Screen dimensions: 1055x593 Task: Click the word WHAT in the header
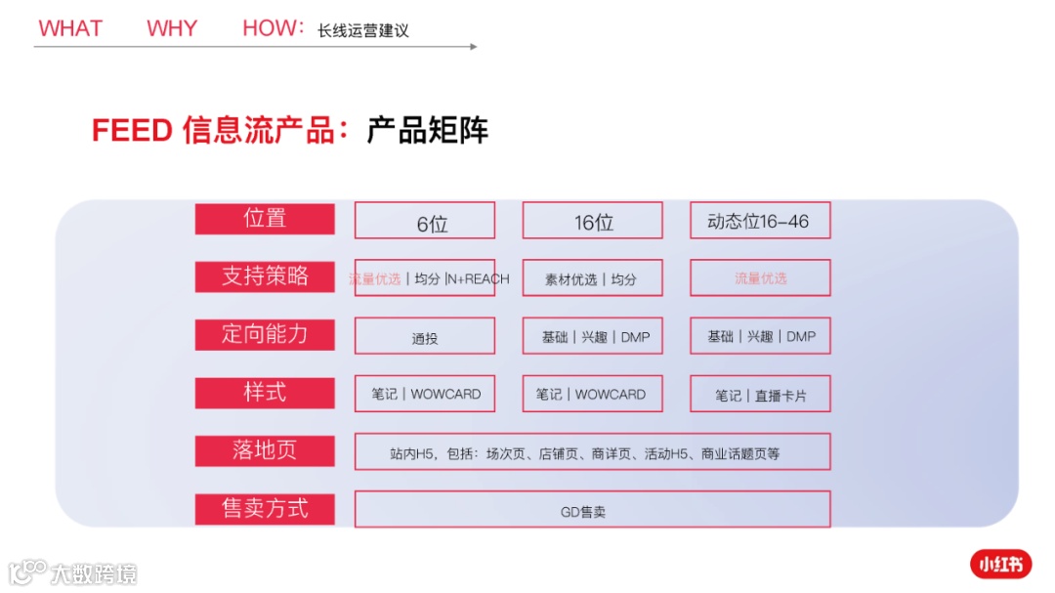[x=70, y=28]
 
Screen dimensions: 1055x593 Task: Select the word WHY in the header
[x=172, y=28]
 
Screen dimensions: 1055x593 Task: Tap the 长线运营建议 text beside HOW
[x=362, y=30]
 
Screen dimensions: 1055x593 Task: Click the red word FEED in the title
[x=132, y=130]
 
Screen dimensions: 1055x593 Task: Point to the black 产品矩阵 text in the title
[x=427, y=130]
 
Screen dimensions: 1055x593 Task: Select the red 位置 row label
[x=265, y=219]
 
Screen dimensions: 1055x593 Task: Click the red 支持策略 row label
[x=265, y=276]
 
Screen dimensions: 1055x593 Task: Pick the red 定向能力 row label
[x=265, y=334]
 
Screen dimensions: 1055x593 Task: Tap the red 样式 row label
[x=265, y=392]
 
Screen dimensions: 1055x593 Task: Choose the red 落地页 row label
[x=265, y=450]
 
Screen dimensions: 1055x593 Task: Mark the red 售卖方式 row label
[x=265, y=508]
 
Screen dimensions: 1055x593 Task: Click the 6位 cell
[x=425, y=222]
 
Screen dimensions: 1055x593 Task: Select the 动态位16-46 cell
[x=760, y=221]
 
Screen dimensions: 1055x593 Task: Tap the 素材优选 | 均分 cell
[x=592, y=278]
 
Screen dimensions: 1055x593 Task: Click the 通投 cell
[x=425, y=338]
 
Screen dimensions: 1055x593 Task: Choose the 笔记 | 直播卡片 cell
[x=760, y=395]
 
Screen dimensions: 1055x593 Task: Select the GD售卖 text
[x=583, y=511]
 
